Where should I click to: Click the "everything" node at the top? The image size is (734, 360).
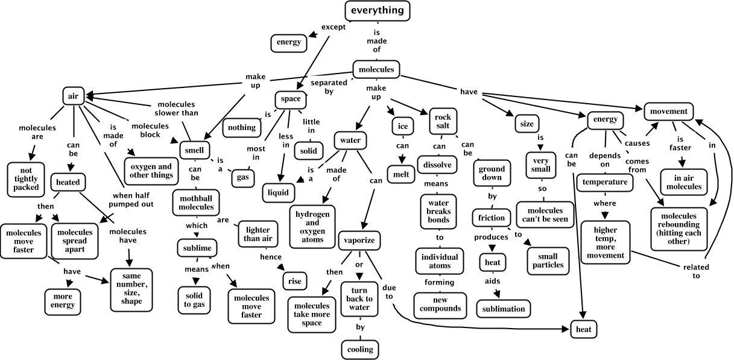[378, 11]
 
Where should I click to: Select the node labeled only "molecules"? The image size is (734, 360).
[376, 69]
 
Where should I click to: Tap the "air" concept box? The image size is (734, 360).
[72, 95]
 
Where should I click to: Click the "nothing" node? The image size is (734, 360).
[241, 127]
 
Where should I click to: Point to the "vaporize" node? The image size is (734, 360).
[359, 240]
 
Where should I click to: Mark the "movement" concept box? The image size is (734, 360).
[669, 112]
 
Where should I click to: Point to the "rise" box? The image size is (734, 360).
[295, 280]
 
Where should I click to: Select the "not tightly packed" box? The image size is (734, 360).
[28, 178]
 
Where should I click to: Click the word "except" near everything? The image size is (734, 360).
[333, 27]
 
